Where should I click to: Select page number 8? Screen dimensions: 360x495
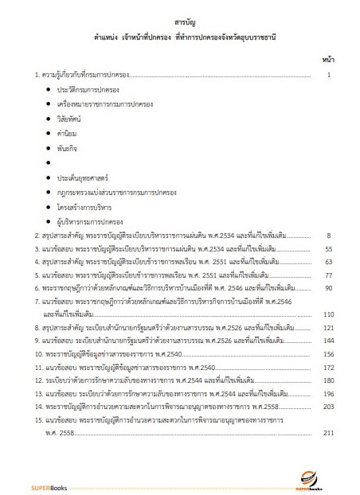pyautogui.click(x=328, y=236)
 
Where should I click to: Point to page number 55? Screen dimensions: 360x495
pyautogui.click(x=328, y=250)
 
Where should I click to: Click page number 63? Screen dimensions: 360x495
pyautogui.click(x=328, y=263)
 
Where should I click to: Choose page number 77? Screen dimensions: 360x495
pyautogui.click(x=328, y=276)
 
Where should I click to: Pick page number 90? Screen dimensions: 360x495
pyautogui.click(x=328, y=290)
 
